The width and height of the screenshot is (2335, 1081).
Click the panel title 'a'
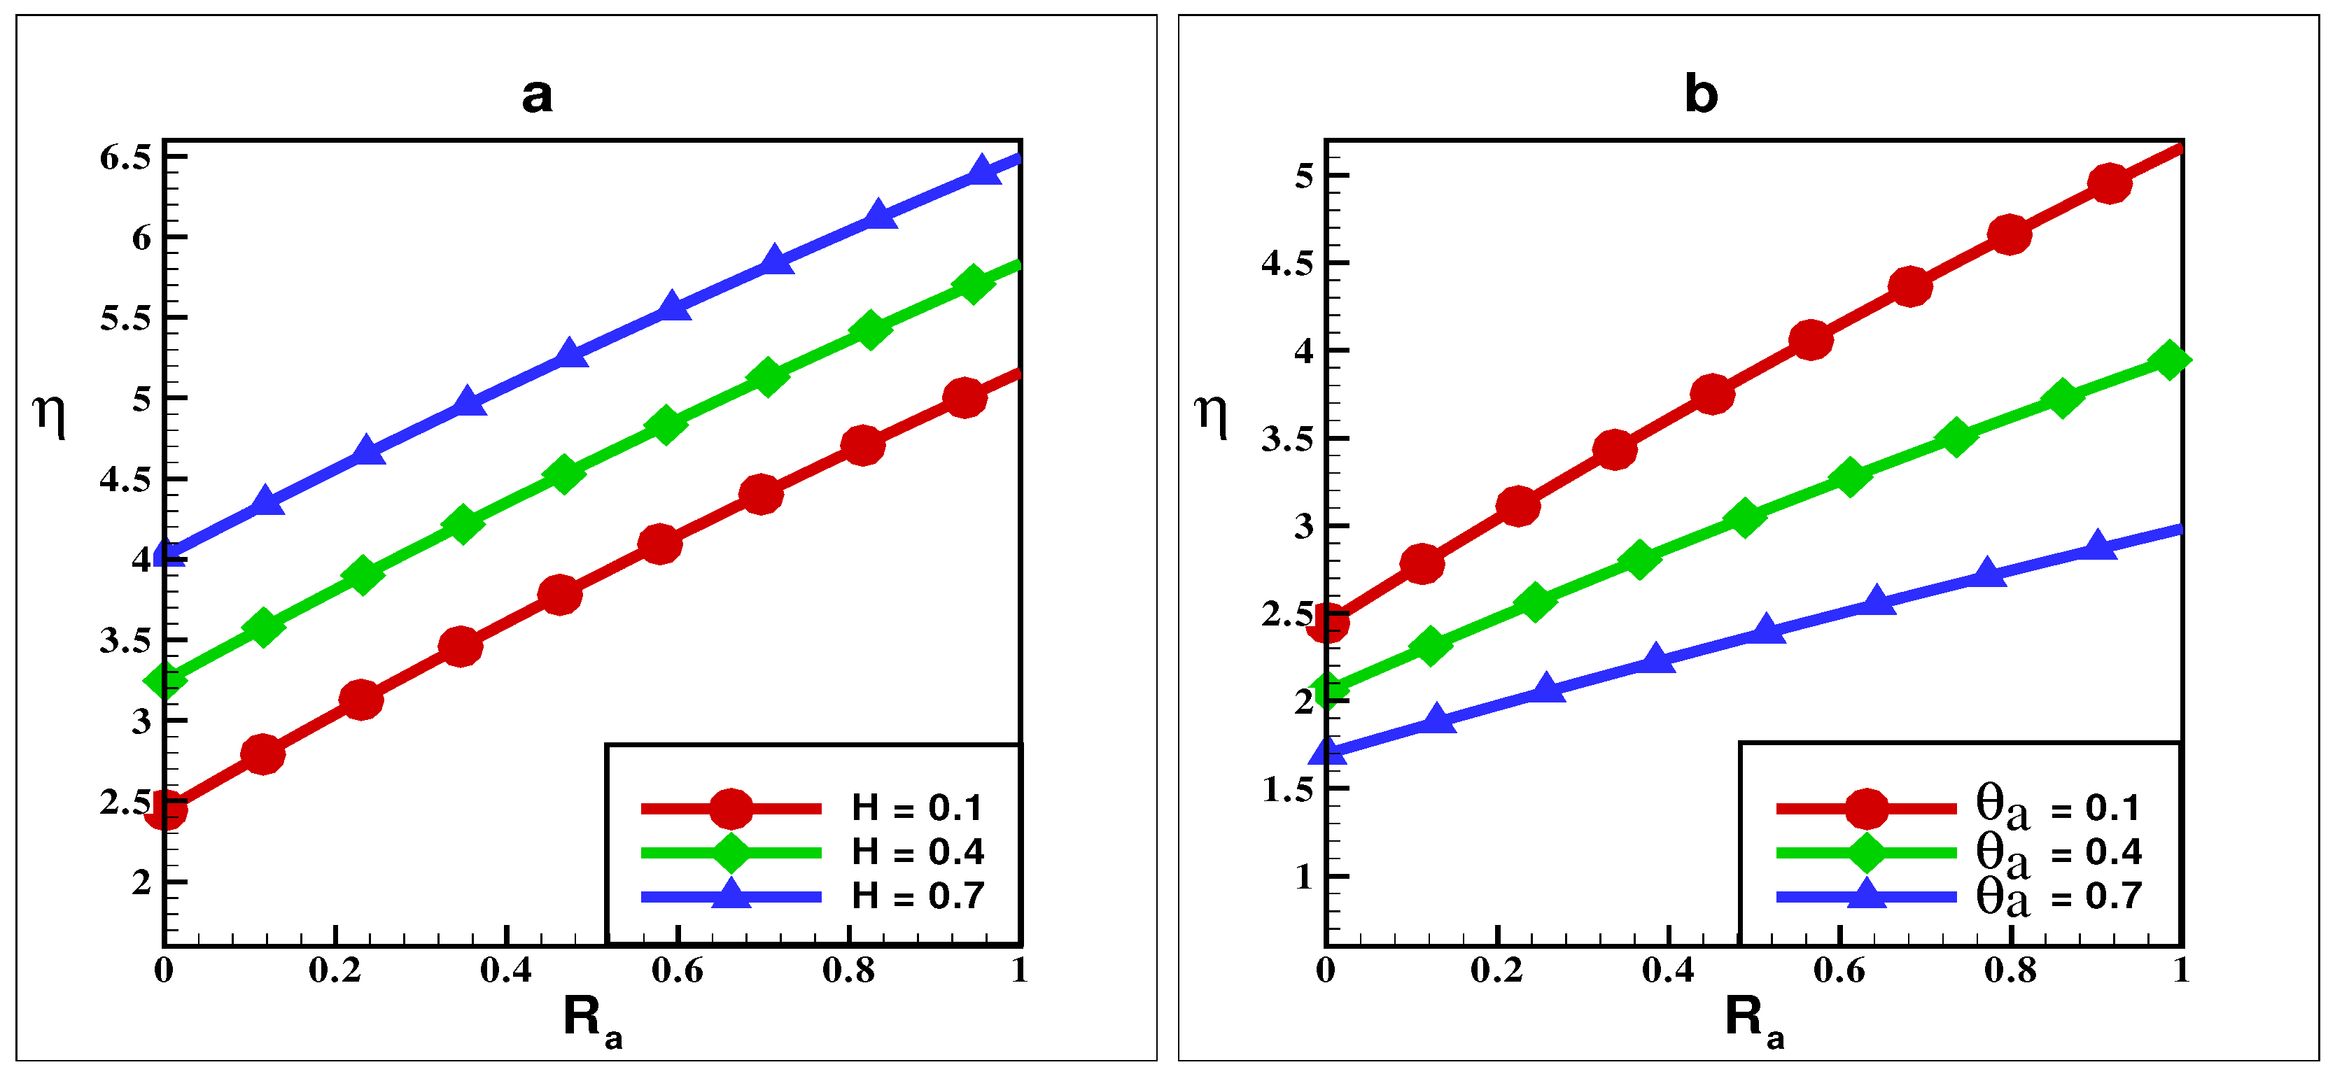(x=537, y=95)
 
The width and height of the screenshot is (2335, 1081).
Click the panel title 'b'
(x=1700, y=94)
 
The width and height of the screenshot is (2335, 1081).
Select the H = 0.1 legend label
(x=918, y=807)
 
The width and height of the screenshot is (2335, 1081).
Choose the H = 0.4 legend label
(x=918, y=852)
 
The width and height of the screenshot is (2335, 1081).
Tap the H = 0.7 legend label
(x=918, y=896)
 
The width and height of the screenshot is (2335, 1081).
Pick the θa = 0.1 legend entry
(x=2058, y=807)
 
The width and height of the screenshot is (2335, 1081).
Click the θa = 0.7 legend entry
(x=2058, y=897)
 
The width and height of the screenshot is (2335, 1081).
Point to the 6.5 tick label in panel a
(x=125, y=157)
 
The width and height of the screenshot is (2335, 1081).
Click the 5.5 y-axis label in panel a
(x=125, y=318)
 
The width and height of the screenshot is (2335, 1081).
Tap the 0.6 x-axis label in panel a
(x=677, y=971)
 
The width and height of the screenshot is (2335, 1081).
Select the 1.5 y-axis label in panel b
(x=1287, y=789)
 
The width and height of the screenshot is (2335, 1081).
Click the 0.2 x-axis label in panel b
(x=1496, y=971)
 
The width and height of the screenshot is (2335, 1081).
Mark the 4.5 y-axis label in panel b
(x=1287, y=263)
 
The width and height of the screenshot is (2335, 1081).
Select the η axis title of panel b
(x=1212, y=415)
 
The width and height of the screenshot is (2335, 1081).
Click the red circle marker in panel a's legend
(x=731, y=808)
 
